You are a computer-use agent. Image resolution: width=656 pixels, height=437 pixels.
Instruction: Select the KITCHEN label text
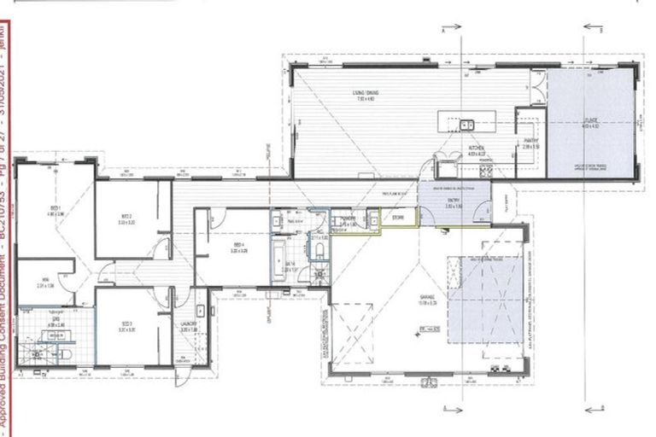[x=477, y=151]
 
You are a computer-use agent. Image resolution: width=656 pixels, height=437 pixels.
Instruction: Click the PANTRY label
[x=531, y=145]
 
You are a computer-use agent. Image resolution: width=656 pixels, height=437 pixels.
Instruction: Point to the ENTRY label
[x=453, y=203]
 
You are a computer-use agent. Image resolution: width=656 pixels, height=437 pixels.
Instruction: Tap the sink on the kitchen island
[x=467, y=125]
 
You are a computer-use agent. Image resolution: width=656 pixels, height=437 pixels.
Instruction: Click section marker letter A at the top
[x=443, y=30]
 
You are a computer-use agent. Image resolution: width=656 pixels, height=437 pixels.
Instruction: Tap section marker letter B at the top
[x=601, y=30]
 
